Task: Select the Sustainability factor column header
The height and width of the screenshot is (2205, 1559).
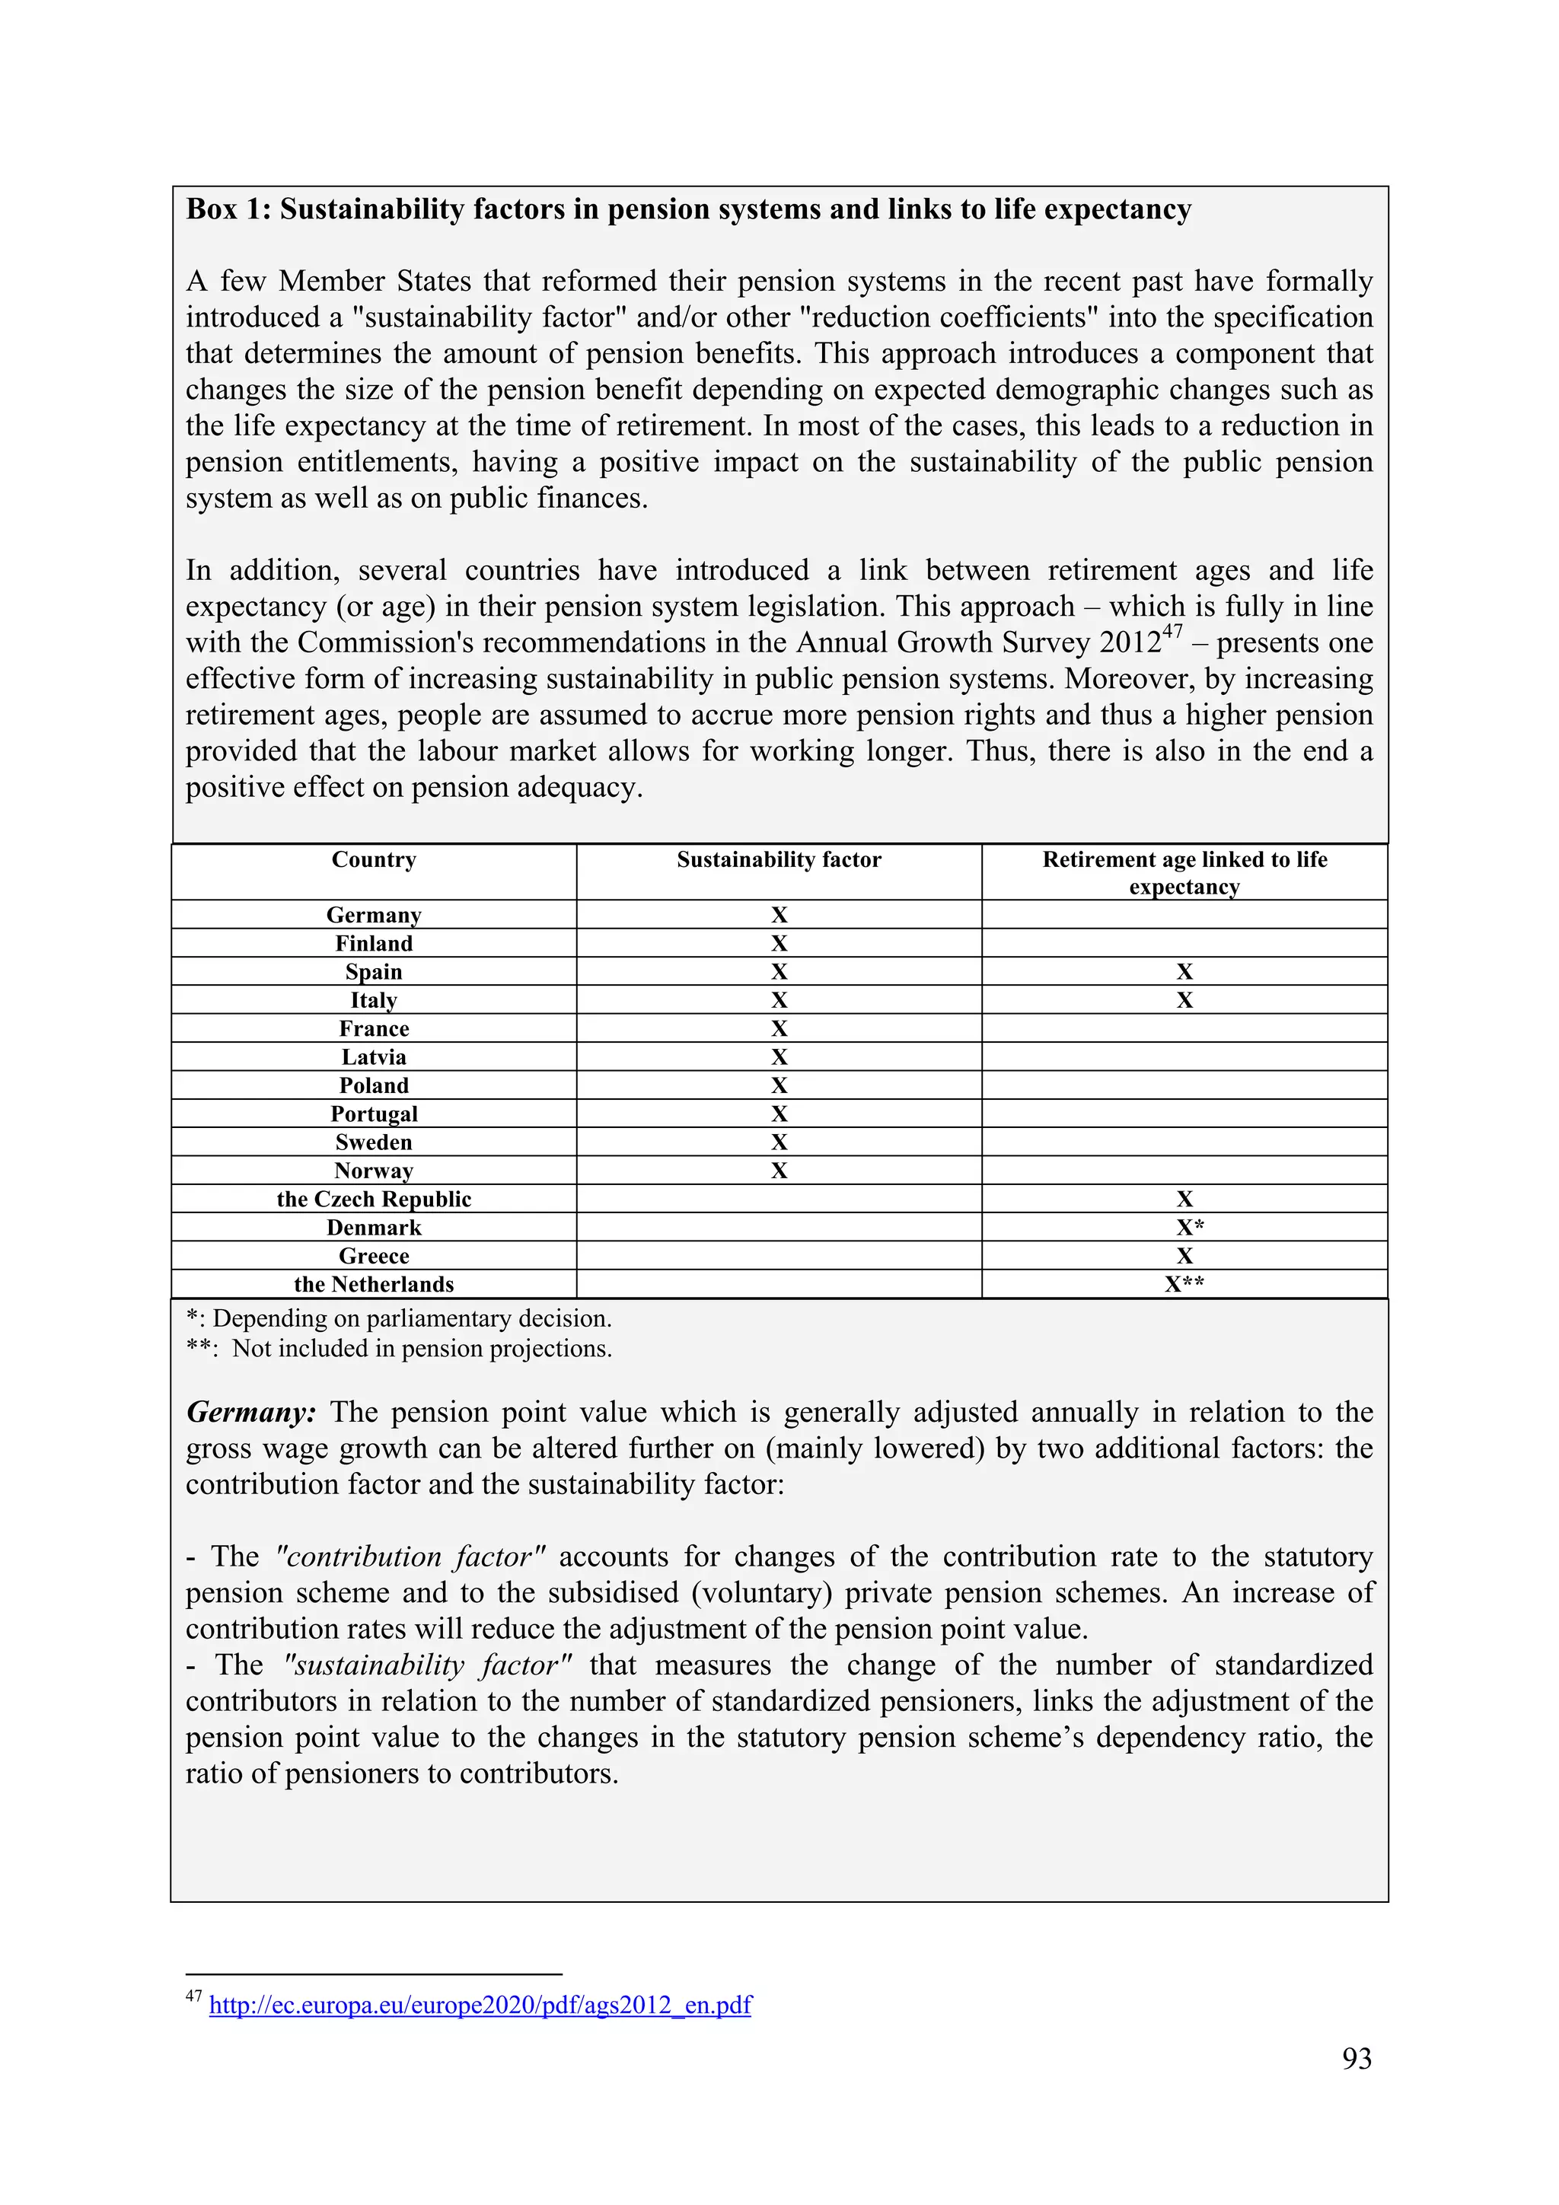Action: (778, 859)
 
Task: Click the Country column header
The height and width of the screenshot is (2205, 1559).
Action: (374, 859)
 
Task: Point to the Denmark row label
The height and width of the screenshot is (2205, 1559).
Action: (374, 1228)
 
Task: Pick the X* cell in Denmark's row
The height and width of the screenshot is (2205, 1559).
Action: (1189, 1228)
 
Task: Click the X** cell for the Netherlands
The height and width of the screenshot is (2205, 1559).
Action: (1184, 1285)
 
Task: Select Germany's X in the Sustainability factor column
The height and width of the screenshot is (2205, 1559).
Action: (778, 915)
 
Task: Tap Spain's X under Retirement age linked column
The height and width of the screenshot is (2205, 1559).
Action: (1184, 972)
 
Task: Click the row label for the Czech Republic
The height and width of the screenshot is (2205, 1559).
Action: (374, 1200)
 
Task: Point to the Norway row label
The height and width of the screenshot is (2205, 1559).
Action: (374, 1171)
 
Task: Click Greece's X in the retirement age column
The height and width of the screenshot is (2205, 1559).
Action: (1184, 1256)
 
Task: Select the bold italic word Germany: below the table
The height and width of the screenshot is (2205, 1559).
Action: (250, 1413)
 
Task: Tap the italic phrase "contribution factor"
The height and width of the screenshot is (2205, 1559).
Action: (410, 1557)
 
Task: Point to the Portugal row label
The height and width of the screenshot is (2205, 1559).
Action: (374, 1114)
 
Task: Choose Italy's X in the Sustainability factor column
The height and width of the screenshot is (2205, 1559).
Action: (778, 1001)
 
